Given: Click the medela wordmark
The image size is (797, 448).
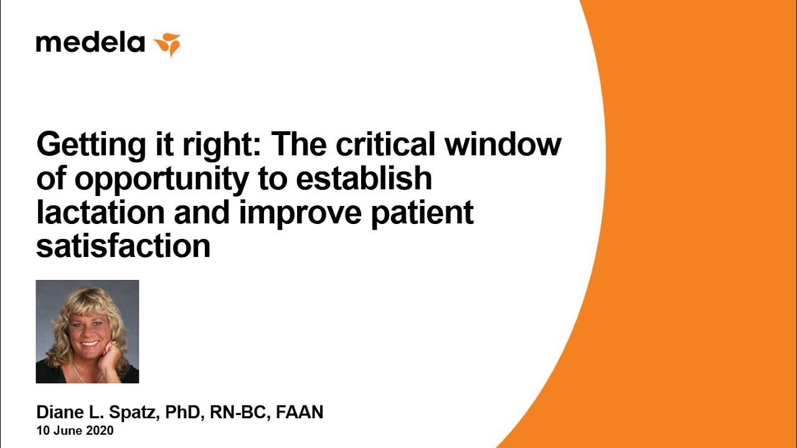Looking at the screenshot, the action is [x=90, y=43].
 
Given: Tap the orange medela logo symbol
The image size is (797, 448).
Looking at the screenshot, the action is [x=167, y=44].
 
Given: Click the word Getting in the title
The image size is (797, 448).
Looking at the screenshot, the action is [x=91, y=145].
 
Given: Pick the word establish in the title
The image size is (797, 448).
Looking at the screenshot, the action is [x=364, y=177].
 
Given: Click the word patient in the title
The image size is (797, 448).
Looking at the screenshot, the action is [x=422, y=214].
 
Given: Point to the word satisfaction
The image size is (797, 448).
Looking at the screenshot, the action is [x=123, y=246].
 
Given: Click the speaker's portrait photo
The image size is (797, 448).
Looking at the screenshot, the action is [x=88, y=332].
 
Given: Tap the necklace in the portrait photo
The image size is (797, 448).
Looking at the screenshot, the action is [x=85, y=373].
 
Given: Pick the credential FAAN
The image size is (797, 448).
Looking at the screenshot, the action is [x=299, y=412].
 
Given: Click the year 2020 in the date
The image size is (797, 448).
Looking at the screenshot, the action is [x=100, y=431].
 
